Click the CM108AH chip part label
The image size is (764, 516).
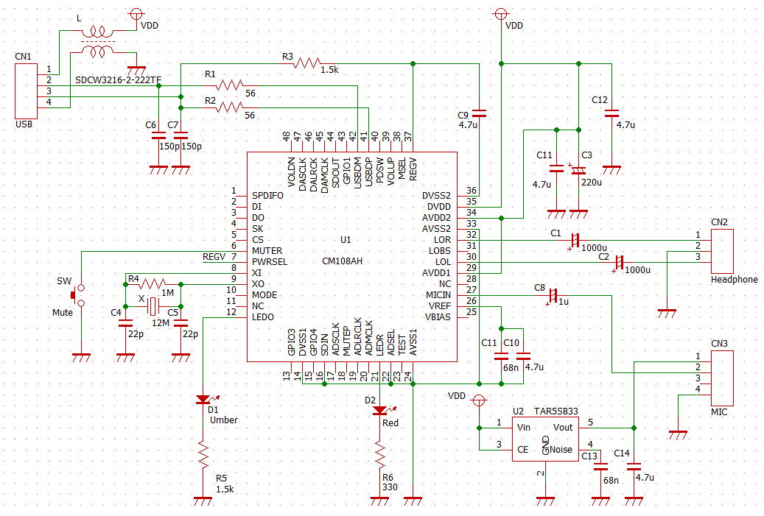click(342, 261)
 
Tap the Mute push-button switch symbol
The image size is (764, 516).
click(77, 295)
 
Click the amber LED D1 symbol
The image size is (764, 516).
click(203, 400)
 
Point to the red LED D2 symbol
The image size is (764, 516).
click(380, 411)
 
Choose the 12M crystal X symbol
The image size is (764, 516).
click(153, 306)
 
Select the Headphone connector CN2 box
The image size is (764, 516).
click(722, 251)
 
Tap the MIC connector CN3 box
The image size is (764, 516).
click(722, 378)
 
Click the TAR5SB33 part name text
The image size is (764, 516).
click(556, 411)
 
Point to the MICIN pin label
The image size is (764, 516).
click(438, 295)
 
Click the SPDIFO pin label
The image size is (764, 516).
click(267, 196)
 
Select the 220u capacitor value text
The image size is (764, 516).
click(592, 183)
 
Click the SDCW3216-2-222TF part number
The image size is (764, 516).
click(118, 80)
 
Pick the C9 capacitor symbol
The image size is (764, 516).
click(480, 113)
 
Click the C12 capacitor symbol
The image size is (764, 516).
click(611, 113)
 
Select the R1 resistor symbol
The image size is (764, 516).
click(230, 85)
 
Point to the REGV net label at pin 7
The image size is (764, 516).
click(214, 257)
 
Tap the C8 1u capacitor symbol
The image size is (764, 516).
click(553, 295)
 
